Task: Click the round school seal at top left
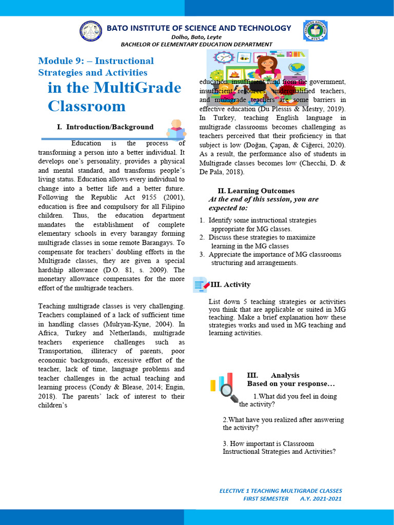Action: pyautogui.click(x=91, y=31)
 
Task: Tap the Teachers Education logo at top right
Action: pyautogui.click(x=316, y=31)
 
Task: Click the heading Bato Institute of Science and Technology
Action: pyautogui.click(x=199, y=28)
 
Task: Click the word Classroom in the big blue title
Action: pyautogui.click(x=87, y=106)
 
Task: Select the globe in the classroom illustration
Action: pyautogui.click(x=296, y=67)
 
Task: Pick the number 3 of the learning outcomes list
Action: pyautogui.click(x=202, y=254)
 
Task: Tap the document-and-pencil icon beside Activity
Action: pyautogui.click(x=201, y=285)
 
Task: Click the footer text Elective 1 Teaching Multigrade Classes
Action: pyautogui.click(x=280, y=491)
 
